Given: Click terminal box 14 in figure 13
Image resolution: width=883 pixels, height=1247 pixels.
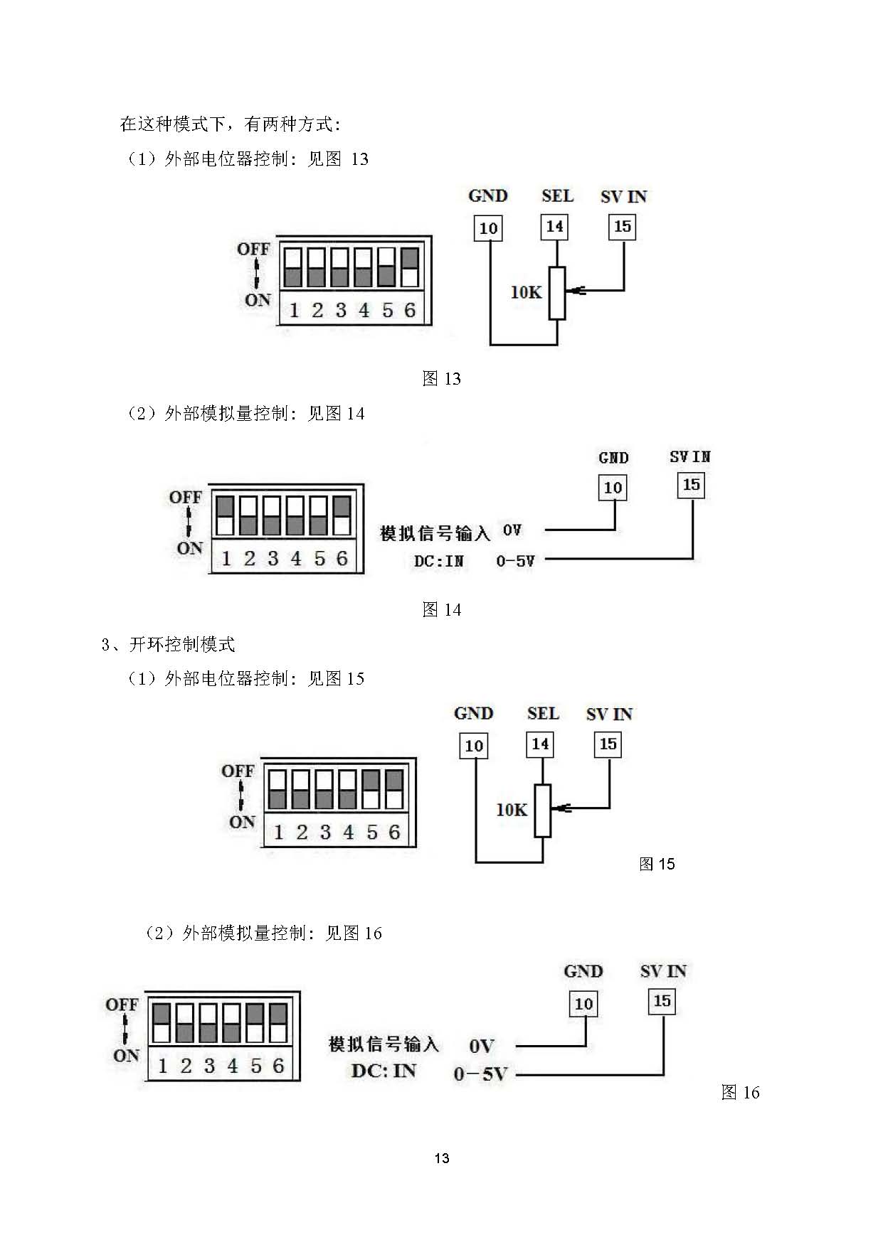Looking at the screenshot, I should point(554,227).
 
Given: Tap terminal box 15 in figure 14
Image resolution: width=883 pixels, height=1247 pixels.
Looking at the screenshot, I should point(691,486).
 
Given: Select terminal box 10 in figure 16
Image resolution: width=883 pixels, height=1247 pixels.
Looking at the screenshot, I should point(583,1003).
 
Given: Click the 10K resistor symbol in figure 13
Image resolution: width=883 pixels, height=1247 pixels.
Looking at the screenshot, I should point(557,293).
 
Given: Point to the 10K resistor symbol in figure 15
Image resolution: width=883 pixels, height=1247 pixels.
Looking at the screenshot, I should point(542,810).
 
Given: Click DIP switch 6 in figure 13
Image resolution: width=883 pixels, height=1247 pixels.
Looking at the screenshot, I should point(409,267).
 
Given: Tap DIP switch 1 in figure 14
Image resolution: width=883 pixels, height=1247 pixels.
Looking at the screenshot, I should point(225,515).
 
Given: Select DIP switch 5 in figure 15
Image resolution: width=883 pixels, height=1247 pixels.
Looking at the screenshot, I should point(371,790).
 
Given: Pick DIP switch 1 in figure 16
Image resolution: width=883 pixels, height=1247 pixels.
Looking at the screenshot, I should point(162,1022).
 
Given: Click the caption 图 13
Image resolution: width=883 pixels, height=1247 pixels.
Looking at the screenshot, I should point(441,378).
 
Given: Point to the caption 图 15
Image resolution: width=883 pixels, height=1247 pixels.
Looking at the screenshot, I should point(656,864).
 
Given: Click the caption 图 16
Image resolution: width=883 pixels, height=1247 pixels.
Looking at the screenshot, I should point(740,1092).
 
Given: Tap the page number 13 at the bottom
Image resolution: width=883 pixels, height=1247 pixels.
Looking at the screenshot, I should point(441,1158).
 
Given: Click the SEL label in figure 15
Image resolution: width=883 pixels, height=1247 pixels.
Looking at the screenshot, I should point(543,713).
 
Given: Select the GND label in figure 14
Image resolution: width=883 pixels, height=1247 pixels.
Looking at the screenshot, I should point(613,458).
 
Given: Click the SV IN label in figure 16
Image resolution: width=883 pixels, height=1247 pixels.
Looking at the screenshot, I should point(662,971).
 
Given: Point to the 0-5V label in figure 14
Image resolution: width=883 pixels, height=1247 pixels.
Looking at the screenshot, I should point(515,561).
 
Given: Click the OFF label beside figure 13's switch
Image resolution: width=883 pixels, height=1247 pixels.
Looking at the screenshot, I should point(253,249).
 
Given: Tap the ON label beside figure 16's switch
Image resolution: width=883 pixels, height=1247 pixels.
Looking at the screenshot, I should point(126,1056).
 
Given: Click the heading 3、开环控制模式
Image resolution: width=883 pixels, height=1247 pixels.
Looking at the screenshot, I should point(168,644).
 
